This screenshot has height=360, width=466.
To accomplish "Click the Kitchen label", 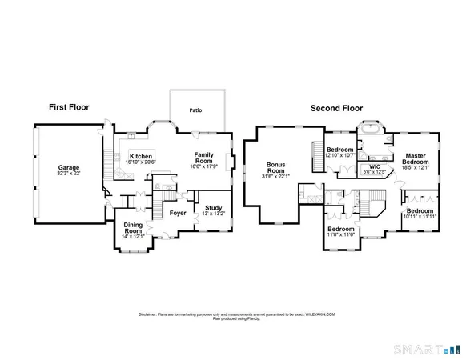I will (x=141, y=156).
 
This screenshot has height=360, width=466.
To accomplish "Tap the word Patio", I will (x=195, y=111).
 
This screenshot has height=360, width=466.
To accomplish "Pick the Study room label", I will (x=213, y=207).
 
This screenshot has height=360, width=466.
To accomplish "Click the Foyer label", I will (x=177, y=213).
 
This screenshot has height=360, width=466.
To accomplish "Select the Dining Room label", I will (x=132, y=227).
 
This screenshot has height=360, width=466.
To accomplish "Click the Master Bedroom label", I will (x=415, y=158).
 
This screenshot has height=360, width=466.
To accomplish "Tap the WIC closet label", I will (x=375, y=166).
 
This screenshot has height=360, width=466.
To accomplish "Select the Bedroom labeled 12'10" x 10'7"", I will (x=340, y=150).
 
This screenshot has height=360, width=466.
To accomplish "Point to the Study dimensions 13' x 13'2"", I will (x=213, y=213).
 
